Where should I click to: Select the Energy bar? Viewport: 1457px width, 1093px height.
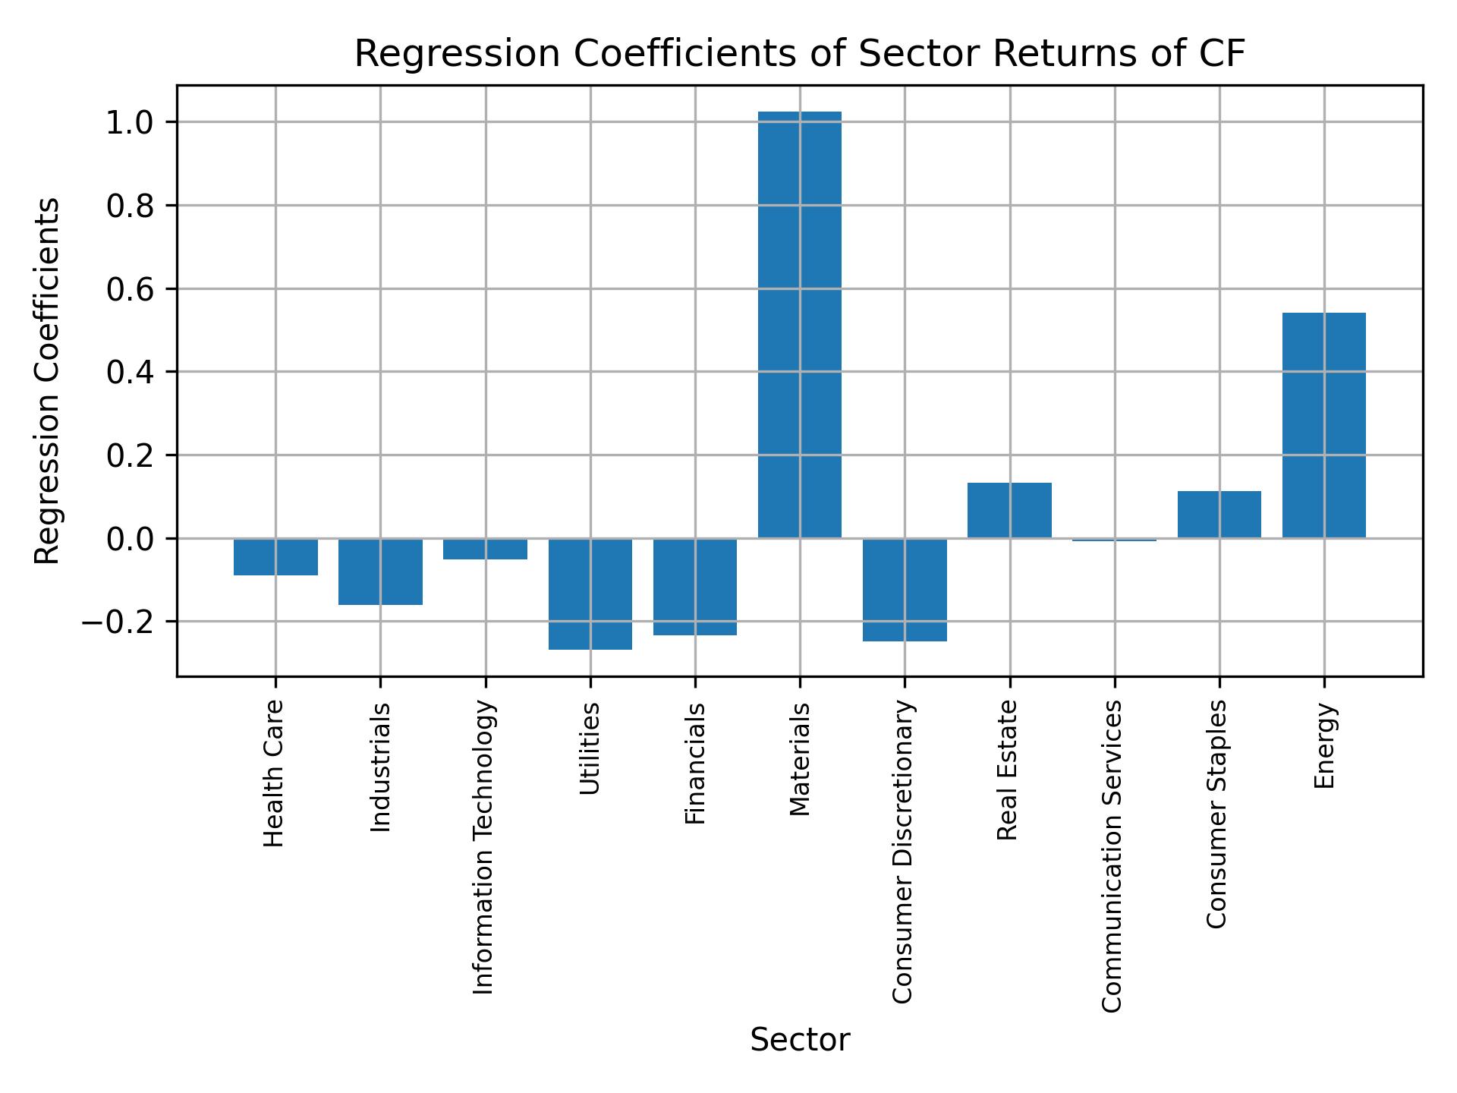coord(1323,425)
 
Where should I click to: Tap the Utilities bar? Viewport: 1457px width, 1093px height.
coord(590,594)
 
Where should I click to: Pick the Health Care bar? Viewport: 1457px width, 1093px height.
coord(275,556)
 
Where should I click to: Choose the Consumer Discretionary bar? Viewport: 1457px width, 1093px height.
coord(905,590)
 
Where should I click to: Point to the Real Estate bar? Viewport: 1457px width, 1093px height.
coord(1009,510)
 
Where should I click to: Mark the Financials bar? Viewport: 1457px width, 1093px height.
coord(695,586)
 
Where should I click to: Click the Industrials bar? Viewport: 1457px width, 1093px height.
coord(380,572)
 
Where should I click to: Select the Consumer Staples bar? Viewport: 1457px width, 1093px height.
coord(1219,515)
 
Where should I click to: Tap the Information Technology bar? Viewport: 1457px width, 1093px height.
coord(485,549)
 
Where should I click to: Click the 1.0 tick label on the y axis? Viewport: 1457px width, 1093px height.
coord(131,123)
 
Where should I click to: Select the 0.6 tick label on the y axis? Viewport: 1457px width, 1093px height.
coord(131,290)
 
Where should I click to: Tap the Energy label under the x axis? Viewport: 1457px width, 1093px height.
coord(1323,746)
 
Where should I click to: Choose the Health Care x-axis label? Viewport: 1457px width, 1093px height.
coord(274,773)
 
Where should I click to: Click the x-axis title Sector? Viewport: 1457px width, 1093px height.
coord(800,1041)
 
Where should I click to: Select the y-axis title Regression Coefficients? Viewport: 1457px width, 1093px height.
coord(48,381)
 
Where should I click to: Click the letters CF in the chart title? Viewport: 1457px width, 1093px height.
coord(1223,55)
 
